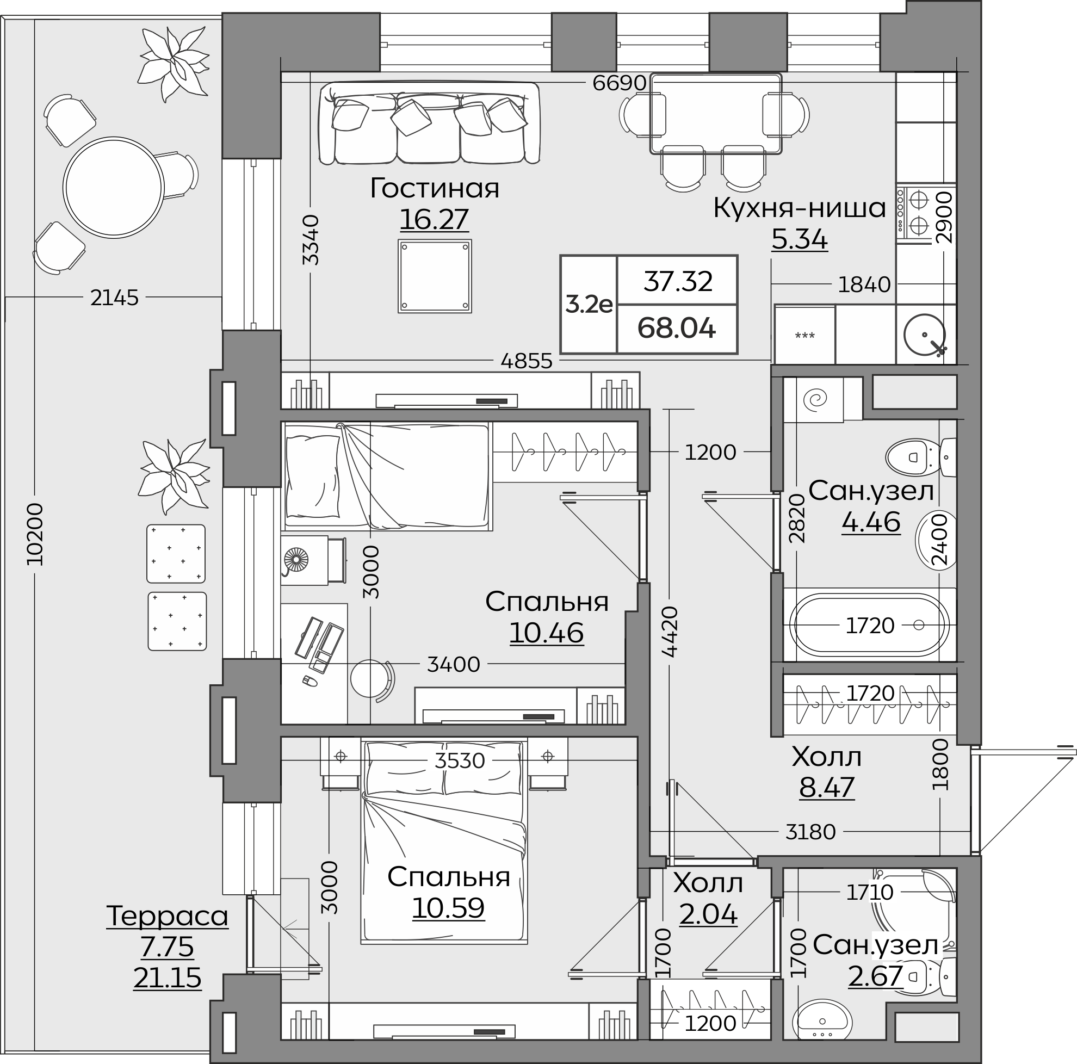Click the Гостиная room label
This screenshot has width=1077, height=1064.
(x=434, y=188)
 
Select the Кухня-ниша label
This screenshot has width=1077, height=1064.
(x=800, y=208)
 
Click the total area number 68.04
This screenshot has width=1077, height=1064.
(x=677, y=329)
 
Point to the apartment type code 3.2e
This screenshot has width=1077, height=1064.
(x=589, y=304)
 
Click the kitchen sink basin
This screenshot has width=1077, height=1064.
(x=924, y=335)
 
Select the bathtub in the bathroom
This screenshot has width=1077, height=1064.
(x=870, y=625)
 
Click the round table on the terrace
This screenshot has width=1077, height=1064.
(x=113, y=187)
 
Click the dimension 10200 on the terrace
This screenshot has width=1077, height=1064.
(x=35, y=534)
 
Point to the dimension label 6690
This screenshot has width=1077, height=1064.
(x=620, y=83)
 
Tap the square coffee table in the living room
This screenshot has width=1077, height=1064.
(x=435, y=276)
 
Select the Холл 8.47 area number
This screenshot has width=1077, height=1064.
(x=827, y=787)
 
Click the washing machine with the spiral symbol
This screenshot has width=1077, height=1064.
(x=813, y=399)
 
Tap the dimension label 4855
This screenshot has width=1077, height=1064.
(x=526, y=361)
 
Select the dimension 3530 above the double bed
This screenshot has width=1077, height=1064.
(x=460, y=760)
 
